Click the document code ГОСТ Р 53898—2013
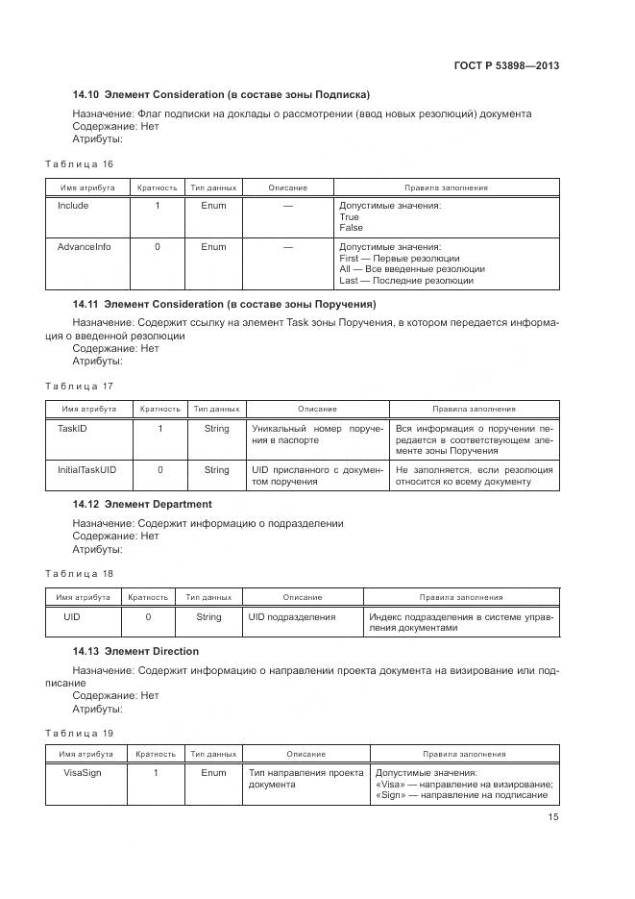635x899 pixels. tap(507, 66)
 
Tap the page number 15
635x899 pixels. tap(552, 817)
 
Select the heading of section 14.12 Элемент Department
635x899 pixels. tap(142, 504)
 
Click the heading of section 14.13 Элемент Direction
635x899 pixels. tap(135, 652)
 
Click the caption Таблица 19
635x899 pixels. tap(80, 732)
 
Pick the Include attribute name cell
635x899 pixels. tap(73, 206)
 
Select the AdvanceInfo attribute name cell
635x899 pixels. tap(84, 247)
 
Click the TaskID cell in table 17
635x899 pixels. tap(73, 428)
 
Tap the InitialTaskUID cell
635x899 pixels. tap(87, 470)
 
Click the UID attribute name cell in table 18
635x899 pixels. tap(72, 617)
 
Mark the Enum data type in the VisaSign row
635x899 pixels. tap(213, 773)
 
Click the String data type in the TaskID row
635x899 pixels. tap(216, 428)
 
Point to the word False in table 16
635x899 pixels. tap(352, 228)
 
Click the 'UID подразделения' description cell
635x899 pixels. tap(291, 617)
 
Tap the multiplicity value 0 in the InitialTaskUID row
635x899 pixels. tap(159, 470)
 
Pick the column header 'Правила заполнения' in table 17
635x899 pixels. tap(474, 409)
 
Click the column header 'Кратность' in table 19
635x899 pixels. tap(156, 754)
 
